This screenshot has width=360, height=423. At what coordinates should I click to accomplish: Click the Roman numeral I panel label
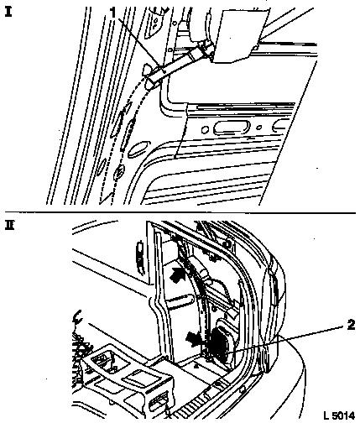tap(8, 12)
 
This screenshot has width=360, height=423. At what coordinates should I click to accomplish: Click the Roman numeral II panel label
tap(10, 225)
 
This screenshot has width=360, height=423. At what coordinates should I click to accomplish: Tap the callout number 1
tap(113, 13)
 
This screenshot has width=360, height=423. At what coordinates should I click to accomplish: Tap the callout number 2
tap(351, 325)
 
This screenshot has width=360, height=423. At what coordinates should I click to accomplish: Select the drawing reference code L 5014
tap(338, 415)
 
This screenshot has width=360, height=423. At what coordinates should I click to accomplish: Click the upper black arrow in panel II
tap(177, 274)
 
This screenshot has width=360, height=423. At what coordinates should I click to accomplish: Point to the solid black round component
tap(220, 342)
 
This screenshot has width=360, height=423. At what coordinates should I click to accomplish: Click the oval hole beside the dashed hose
tap(138, 149)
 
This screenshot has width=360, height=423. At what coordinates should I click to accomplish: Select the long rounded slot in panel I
tap(231, 128)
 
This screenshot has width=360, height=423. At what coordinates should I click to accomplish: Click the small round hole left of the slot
tap(205, 130)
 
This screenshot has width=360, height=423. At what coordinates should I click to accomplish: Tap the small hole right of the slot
tap(259, 128)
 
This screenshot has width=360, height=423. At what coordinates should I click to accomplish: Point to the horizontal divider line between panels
tap(180, 212)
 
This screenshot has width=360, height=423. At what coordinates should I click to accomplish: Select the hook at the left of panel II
tap(76, 316)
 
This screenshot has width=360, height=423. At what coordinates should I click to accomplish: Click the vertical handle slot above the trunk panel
tap(139, 256)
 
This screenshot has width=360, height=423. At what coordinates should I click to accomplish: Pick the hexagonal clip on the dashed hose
tap(119, 170)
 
